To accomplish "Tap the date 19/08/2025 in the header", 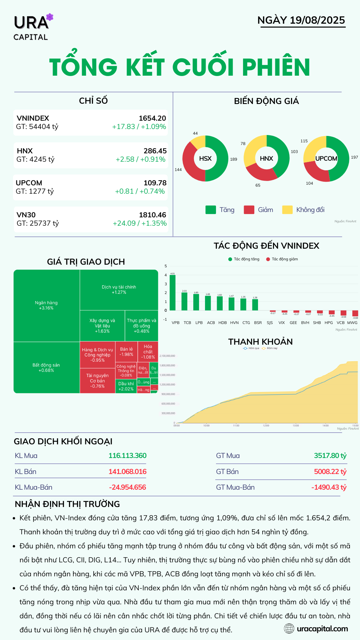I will click(317, 20).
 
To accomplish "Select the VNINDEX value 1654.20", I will click(152, 118).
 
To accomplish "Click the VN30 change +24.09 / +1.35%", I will click(140, 223).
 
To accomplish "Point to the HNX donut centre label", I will click(266, 159).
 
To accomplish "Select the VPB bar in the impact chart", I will click(172, 292).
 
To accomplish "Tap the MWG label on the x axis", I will click(352, 323).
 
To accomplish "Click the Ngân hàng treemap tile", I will click(46, 305).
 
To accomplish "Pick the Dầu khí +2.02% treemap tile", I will click(126, 386).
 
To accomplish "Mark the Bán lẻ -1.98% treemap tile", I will click(126, 352).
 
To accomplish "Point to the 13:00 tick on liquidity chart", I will click(296, 425).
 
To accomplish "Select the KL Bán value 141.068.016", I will click(127, 472).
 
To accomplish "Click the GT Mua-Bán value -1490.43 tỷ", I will click(329, 487).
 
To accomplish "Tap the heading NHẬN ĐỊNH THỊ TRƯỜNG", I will click(67, 504).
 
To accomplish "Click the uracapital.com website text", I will click(322, 629).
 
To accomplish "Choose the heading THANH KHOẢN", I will click(260, 342).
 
